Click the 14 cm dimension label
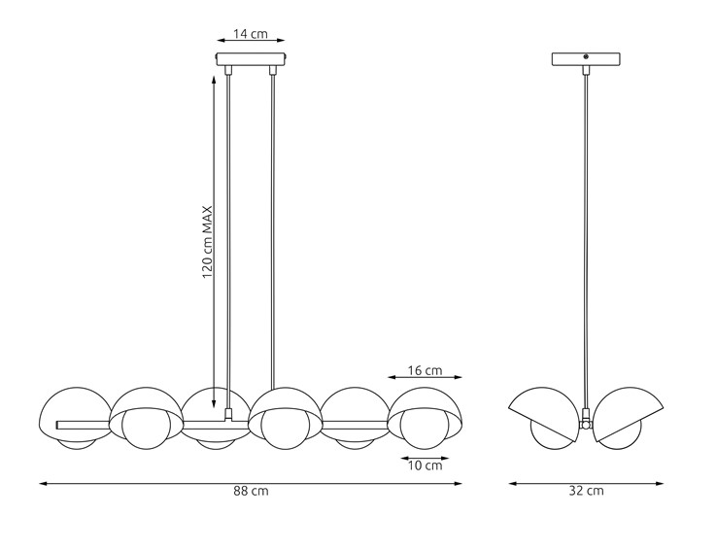click(x=251, y=34)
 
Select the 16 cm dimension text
click(x=425, y=370)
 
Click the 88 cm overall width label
click(x=251, y=492)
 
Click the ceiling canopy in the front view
click(x=251, y=59)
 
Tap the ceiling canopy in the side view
click(x=586, y=59)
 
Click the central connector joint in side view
click(x=586, y=424)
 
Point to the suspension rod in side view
click(x=586, y=243)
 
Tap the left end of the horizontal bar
click(x=60, y=425)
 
